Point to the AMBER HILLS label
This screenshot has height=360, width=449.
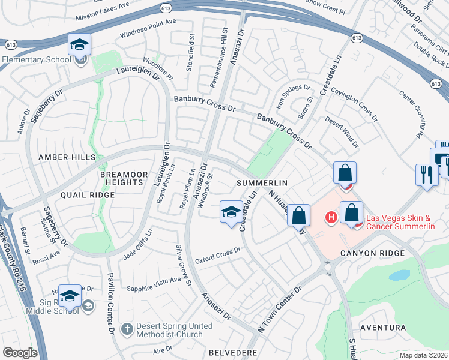[67, 157]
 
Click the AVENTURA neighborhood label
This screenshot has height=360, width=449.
[382, 328]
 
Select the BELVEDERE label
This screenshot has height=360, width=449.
[233, 353]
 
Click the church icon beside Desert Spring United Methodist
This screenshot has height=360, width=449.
[127, 329]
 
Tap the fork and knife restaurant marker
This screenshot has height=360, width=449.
[427, 175]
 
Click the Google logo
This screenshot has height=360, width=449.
[20, 353]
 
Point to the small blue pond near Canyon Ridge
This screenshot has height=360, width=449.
[398, 275]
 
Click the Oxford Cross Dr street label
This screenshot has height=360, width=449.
[217, 256]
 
